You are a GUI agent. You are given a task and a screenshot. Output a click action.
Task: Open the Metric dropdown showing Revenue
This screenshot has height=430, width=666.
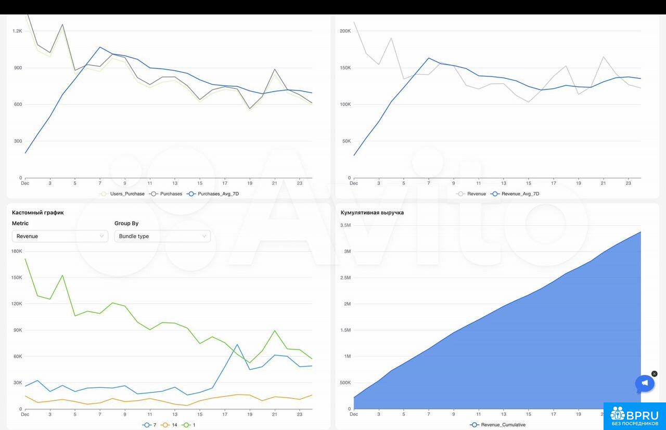click(x=60, y=236)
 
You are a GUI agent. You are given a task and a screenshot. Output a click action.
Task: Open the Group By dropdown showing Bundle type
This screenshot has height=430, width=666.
click(x=162, y=236)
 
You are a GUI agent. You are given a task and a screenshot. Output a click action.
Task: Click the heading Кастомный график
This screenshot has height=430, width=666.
click(x=38, y=213)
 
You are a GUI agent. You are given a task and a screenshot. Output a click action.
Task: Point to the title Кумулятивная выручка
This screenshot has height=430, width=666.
click(x=372, y=213)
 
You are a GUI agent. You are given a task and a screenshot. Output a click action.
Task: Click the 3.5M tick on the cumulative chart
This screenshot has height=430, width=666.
click(x=345, y=225)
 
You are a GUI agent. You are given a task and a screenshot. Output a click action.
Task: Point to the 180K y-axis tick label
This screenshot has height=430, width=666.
click(x=16, y=251)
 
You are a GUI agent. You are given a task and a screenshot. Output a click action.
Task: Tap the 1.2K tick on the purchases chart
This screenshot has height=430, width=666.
click(x=17, y=31)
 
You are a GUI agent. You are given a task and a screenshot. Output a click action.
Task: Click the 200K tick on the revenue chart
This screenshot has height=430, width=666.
click(x=345, y=31)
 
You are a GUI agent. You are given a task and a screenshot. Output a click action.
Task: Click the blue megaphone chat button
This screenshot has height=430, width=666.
click(x=645, y=384)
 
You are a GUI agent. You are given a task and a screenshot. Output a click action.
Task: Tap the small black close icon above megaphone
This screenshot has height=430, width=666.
click(x=655, y=374)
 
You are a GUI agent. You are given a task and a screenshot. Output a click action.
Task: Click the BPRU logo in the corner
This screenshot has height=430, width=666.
click(x=635, y=416)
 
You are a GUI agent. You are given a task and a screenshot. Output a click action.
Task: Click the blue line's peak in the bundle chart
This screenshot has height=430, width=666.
click(x=237, y=344)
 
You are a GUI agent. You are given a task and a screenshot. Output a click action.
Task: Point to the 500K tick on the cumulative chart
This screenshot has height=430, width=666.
click(x=345, y=383)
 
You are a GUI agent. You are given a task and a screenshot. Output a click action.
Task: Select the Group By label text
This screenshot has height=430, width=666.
click(x=126, y=224)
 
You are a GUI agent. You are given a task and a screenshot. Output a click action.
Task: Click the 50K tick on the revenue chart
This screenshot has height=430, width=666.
click(x=346, y=141)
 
